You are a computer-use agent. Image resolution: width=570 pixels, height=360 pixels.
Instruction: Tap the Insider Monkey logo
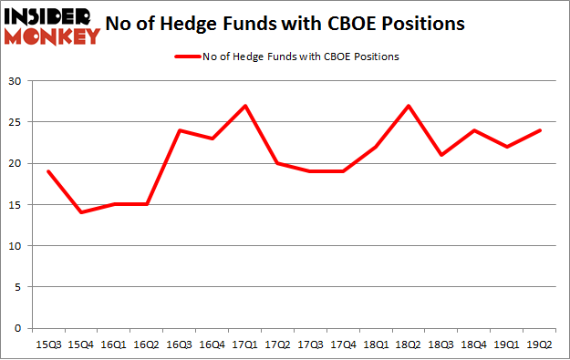coord(52,26)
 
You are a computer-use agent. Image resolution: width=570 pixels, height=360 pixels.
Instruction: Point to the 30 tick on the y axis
coord(17,81)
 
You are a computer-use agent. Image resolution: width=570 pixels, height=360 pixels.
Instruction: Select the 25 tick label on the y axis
coord(17,122)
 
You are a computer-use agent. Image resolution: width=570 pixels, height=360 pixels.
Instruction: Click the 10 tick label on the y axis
coord(17,246)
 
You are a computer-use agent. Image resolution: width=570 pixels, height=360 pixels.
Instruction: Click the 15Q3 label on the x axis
coord(47,345)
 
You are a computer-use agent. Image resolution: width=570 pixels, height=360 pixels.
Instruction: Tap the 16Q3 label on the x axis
coord(180,345)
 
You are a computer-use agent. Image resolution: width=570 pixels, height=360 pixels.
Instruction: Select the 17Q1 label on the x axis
coord(245,345)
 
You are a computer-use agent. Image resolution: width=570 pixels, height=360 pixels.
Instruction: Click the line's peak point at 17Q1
coord(245,106)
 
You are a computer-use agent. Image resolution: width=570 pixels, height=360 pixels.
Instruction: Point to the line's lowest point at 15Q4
coord(80,212)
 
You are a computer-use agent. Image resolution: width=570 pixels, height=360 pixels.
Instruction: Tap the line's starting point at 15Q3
coord(47,171)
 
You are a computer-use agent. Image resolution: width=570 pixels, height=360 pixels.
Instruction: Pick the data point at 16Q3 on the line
coord(180,130)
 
